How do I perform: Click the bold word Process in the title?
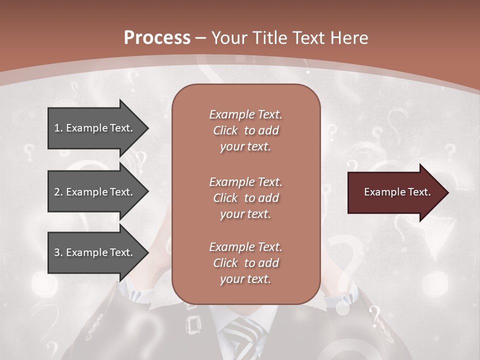[157, 38]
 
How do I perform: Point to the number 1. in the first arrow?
[58, 128]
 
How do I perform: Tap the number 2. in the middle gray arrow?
[58, 192]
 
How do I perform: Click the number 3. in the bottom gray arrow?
[58, 252]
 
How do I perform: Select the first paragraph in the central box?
[245, 130]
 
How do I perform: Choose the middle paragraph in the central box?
[245, 198]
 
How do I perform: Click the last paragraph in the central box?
[245, 263]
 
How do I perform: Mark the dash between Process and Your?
[200, 38]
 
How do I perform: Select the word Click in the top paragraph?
[225, 130]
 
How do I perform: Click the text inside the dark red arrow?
[397, 192]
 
